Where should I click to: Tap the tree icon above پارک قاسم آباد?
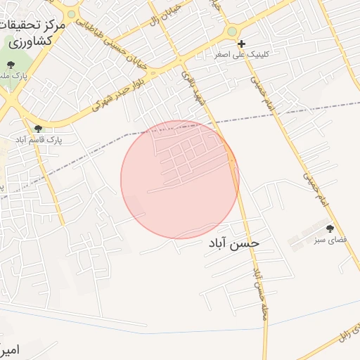tap(38, 128)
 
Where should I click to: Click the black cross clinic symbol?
tap(241, 44)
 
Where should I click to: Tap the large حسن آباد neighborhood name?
tap(233, 243)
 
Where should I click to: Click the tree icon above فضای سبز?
tap(330, 228)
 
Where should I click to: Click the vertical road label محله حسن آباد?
tap(259, 290)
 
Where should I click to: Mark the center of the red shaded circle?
tap(180, 179)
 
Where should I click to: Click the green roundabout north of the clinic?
tap(232, 31)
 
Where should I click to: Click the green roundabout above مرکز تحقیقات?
tap(71, 14)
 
